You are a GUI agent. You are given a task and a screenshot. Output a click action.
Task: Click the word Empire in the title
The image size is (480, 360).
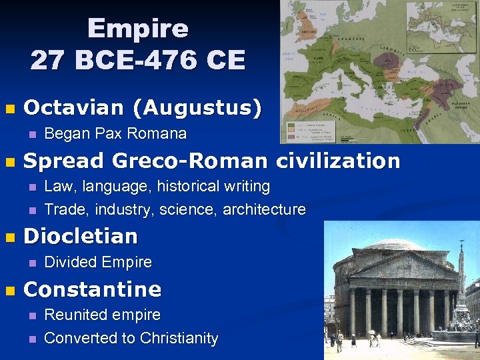tap(137, 29)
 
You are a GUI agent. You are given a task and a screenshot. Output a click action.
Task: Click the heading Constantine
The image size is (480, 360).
tap(92, 289)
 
